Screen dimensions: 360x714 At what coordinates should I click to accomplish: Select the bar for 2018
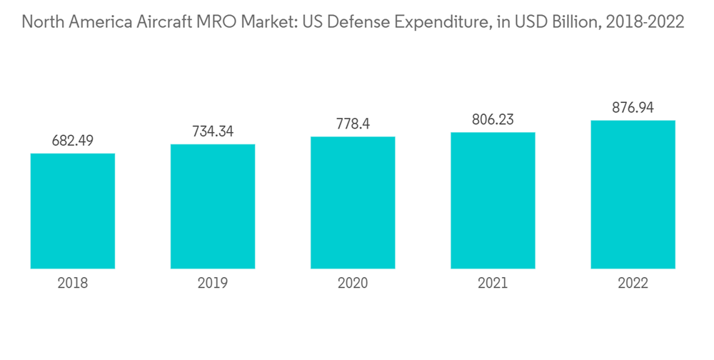[73, 211]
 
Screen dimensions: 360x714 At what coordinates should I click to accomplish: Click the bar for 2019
[213, 206]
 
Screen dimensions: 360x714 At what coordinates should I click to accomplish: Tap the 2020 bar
[353, 202]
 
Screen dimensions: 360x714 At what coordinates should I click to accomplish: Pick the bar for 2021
[493, 200]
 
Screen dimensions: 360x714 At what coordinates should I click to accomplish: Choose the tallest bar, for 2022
[633, 194]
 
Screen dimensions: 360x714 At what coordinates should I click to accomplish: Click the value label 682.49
[73, 141]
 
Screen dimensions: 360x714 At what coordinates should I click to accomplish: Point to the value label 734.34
[213, 131]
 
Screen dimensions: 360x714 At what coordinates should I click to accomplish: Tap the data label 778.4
[353, 124]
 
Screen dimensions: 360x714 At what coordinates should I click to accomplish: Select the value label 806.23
[493, 119]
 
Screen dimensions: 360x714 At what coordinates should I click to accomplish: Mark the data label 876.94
[633, 108]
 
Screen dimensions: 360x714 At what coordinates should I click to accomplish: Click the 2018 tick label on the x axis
[73, 284]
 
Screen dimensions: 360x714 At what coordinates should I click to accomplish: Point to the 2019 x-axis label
[213, 284]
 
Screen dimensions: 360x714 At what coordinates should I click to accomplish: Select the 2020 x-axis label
[353, 284]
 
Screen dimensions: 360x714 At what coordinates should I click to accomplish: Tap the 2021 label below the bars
[493, 284]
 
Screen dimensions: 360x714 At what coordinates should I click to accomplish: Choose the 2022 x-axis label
[633, 284]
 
